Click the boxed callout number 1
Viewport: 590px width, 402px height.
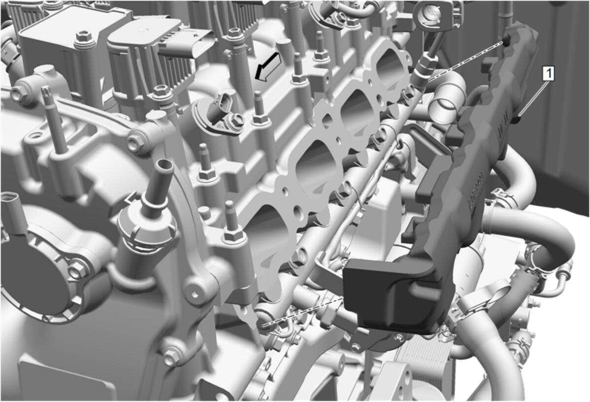click(548, 73)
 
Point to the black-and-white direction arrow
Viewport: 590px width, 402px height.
click(268, 67)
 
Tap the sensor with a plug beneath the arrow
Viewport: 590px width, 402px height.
click(220, 113)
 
